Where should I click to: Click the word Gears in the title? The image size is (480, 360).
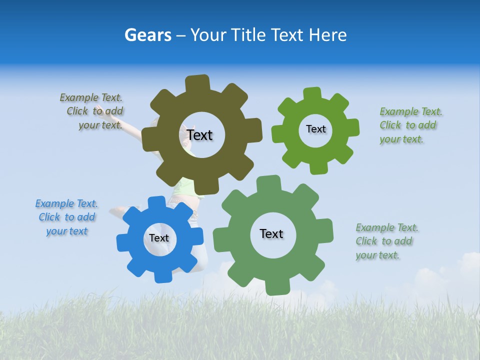coord(147,35)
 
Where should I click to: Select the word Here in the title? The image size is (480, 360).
coord(327,35)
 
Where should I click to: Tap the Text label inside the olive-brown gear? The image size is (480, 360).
coord(199,135)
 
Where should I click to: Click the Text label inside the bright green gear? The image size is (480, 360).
coord(315,129)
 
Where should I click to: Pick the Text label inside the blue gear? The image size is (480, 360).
coord(159,238)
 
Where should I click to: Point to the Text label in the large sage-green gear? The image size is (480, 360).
coord(271,233)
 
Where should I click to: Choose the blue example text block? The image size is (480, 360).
coord(66,217)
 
